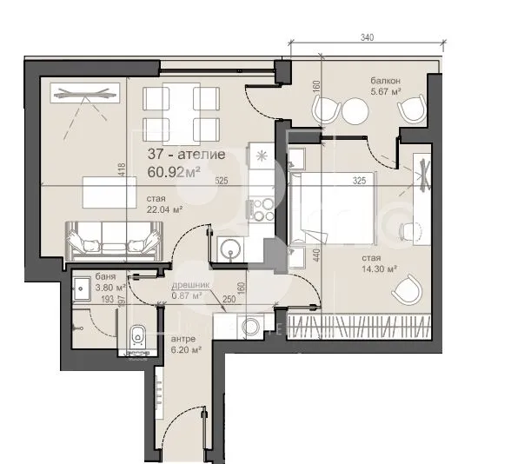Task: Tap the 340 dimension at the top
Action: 366,37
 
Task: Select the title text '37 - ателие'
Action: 186,154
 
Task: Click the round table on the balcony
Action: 356,110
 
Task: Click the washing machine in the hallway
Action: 250,327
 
